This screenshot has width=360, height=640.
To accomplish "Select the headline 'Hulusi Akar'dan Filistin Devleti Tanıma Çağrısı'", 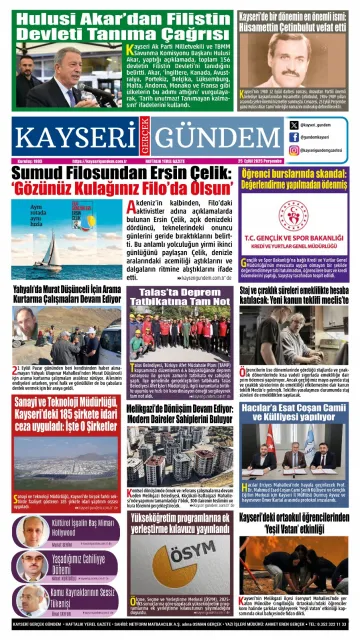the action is [118, 24].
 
